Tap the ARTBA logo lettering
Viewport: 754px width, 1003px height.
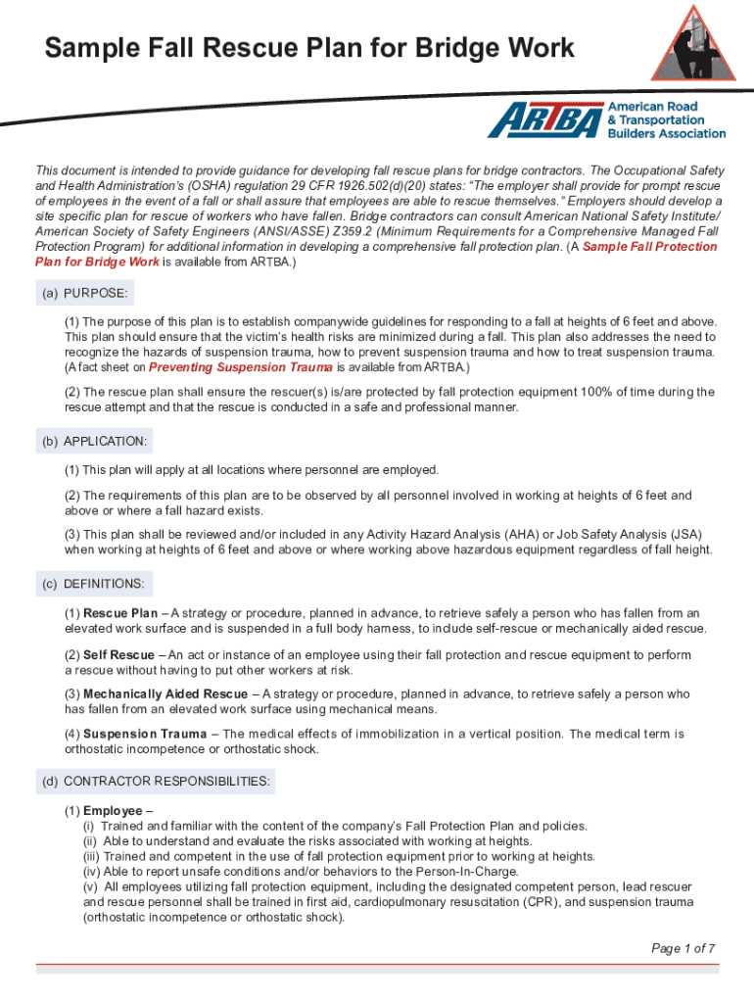click(545, 119)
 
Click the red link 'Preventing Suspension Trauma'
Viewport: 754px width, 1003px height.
click(241, 367)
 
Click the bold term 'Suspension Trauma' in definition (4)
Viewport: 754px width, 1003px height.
click(145, 734)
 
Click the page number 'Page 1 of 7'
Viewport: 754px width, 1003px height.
click(683, 948)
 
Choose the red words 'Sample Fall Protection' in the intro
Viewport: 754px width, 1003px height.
click(649, 246)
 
